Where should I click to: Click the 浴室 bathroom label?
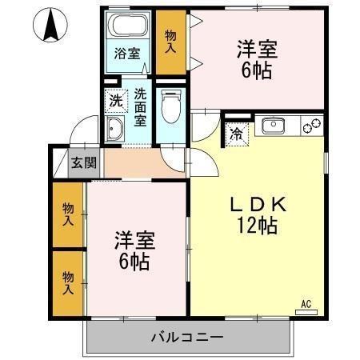(x=127, y=54)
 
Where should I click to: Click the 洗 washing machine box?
(x=117, y=102)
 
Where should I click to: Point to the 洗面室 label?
(x=141, y=106)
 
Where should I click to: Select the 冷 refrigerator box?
(x=238, y=134)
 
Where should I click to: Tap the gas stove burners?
(x=311, y=126)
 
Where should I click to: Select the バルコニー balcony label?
(x=187, y=337)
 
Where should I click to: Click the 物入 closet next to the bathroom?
(x=170, y=41)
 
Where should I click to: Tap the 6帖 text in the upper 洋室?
(x=256, y=70)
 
